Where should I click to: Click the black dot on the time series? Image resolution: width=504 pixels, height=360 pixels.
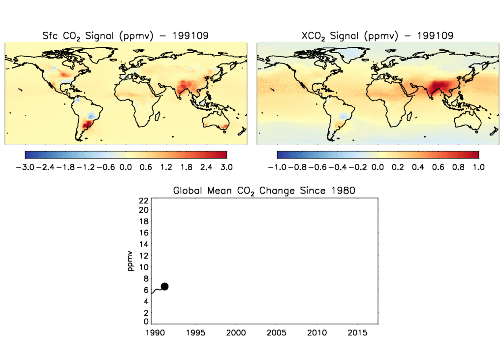(164, 287)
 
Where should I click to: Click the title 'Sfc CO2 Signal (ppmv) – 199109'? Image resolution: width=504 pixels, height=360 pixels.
(126, 35)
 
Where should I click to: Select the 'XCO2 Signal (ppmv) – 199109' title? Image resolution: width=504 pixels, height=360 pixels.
(378, 35)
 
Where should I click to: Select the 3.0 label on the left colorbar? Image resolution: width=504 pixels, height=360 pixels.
(226, 167)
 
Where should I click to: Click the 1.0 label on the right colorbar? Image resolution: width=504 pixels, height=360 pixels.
(478, 167)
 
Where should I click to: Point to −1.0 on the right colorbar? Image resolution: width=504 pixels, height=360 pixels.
(277, 167)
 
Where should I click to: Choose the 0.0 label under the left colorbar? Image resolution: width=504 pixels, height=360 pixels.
(126, 167)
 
